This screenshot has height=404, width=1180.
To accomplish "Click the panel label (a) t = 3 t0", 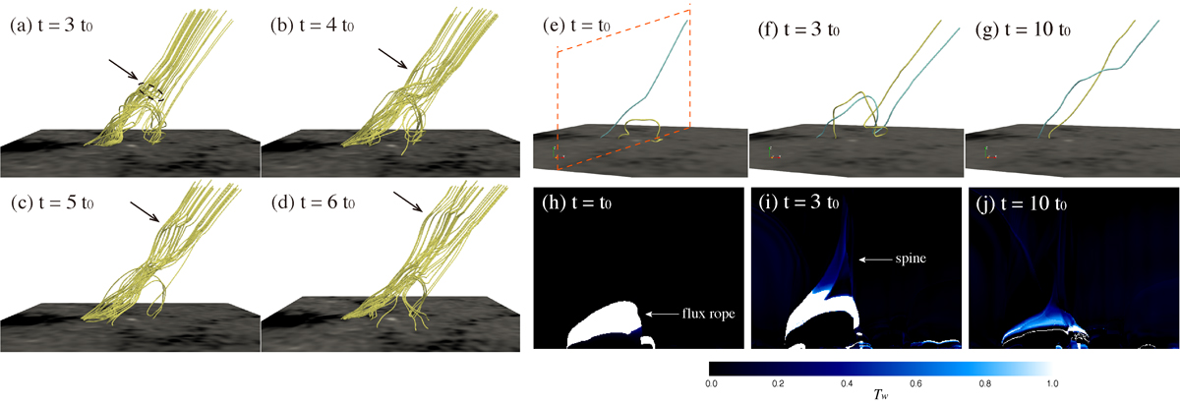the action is click(x=51, y=26).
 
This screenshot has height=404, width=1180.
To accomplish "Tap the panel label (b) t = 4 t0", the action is click(x=313, y=26).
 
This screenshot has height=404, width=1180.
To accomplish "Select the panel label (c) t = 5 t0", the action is click(x=52, y=202).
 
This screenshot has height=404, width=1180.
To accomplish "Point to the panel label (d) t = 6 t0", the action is click(x=313, y=202).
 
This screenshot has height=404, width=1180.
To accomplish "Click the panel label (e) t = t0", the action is click(x=577, y=26).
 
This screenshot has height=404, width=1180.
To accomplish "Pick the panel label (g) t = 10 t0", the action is click(x=1023, y=29).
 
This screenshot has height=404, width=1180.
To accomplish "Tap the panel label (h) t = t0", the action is click(x=577, y=202).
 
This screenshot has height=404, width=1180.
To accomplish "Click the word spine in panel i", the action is click(x=911, y=259).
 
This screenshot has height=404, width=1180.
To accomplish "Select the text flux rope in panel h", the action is click(x=708, y=314).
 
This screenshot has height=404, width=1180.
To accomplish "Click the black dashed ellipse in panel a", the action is click(x=151, y=91).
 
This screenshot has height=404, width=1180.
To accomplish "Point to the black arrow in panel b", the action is click(x=393, y=59).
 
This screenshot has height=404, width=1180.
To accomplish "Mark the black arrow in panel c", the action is click(x=145, y=211).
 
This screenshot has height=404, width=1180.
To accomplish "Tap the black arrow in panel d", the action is click(x=408, y=202).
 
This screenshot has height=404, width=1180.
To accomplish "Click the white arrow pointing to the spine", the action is click(x=875, y=260).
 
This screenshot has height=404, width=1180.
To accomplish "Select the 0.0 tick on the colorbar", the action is click(x=711, y=383).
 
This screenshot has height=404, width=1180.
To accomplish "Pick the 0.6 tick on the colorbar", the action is click(x=916, y=383).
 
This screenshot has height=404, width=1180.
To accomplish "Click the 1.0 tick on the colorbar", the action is click(x=1052, y=383).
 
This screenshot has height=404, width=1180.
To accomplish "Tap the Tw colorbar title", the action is click(x=880, y=394).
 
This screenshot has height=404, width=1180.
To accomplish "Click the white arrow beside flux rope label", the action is click(x=662, y=314).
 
